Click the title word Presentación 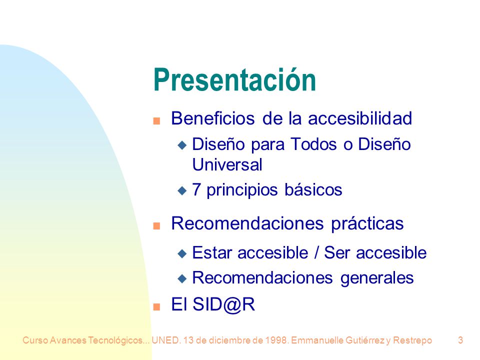[234, 79]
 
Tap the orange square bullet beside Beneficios [156, 121]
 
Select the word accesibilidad [360, 118]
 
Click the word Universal [227, 164]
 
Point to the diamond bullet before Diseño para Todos [182, 145]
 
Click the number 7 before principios [196, 189]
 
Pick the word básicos [313, 189]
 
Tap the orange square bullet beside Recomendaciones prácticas [156, 226]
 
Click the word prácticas [367, 223]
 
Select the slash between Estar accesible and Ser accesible [316, 253]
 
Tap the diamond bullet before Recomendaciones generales [182, 278]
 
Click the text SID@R [224, 304]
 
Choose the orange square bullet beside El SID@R [156, 306]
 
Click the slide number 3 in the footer [460, 340]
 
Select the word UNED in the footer [165, 340]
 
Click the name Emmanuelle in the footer [317, 340]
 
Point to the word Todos [313, 144]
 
